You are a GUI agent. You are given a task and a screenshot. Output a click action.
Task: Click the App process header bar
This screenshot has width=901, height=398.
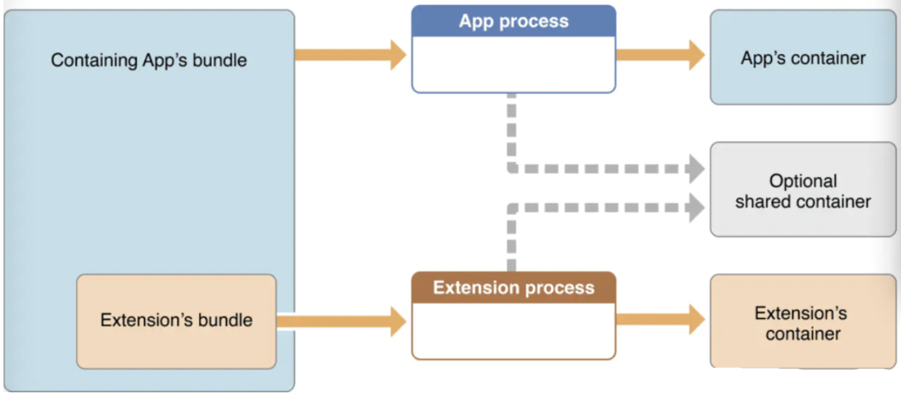pos(514,21)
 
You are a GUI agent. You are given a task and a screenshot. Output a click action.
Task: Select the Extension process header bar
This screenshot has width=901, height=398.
pos(514,287)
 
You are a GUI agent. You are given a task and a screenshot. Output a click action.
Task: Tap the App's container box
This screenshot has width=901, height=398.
pos(803,58)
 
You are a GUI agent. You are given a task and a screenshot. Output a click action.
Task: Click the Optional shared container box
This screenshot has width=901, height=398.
pos(803,190)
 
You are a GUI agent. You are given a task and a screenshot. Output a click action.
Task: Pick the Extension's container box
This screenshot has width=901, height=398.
pos(803,321)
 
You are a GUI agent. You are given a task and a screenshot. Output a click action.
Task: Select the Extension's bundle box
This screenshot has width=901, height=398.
pos(176,321)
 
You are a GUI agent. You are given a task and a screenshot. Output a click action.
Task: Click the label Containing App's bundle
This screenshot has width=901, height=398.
pos(149,60)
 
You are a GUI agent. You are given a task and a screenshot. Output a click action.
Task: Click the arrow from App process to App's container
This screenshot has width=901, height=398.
pos(661,55)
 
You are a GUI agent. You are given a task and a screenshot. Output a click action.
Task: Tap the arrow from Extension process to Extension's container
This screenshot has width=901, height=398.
pos(661,320)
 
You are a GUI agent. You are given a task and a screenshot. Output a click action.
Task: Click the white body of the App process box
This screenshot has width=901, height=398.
pos(514,64)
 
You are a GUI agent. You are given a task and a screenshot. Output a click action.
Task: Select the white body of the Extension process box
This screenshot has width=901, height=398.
pos(514,330)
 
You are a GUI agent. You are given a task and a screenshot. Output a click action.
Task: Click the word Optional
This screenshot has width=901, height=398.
pos(803,181)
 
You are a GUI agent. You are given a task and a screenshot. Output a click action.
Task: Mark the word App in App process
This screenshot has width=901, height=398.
pos(476,22)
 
